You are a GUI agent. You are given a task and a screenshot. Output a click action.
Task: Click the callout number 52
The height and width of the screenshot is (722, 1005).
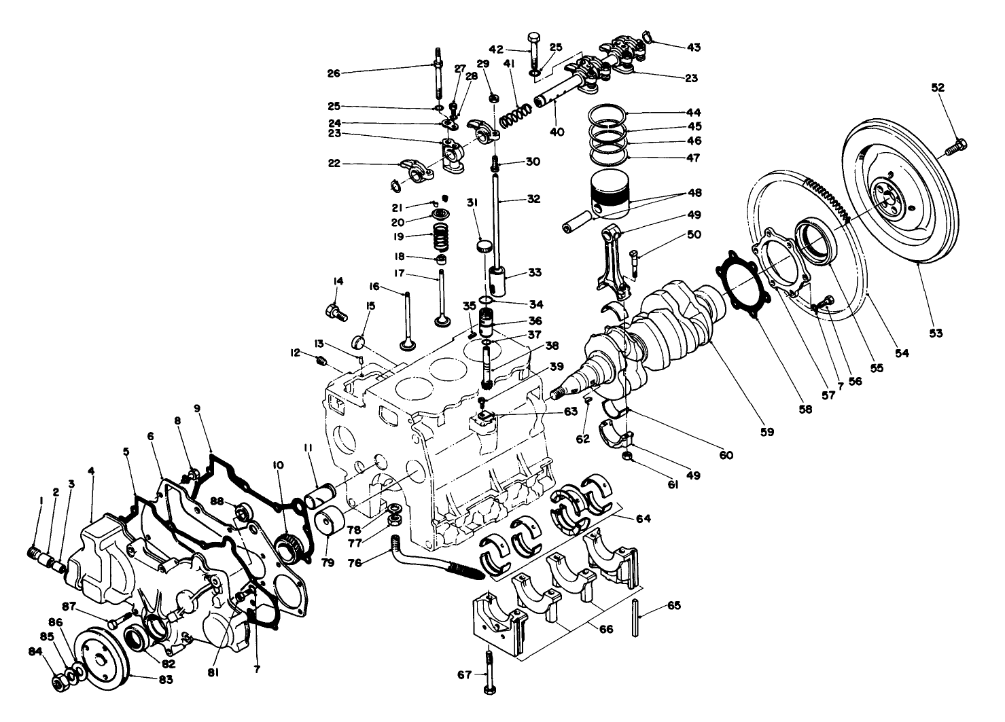938,88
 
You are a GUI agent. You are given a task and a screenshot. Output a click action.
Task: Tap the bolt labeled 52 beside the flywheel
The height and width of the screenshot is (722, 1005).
955,145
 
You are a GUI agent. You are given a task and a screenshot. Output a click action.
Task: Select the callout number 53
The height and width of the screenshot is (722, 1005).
936,333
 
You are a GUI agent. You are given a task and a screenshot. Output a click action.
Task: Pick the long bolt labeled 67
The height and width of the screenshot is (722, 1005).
489,672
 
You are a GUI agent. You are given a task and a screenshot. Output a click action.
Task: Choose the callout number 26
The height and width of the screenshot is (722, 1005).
333,73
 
